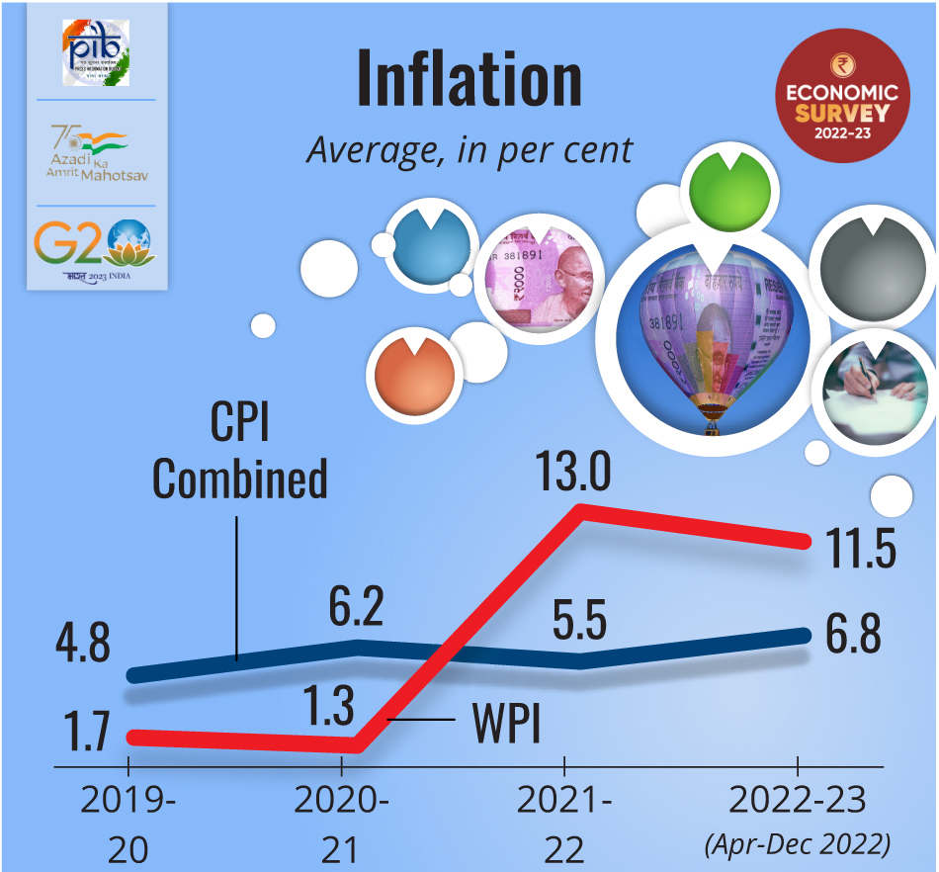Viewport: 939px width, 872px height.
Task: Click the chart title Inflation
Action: point(469,77)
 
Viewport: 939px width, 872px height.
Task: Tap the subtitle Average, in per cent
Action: point(469,150)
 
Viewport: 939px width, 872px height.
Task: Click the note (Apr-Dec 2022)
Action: point(797,845)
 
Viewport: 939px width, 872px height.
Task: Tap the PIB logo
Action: point(97,51)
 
